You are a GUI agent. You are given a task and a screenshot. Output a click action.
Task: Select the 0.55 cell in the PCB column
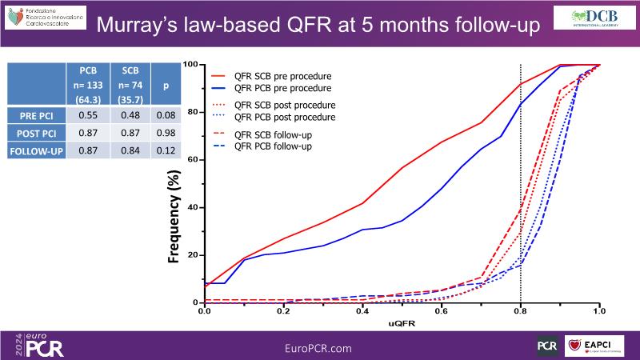tap(88, 115)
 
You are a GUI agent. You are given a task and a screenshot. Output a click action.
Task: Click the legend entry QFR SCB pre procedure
tap(284, 73)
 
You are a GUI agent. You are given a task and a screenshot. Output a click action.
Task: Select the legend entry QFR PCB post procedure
tap(284, 118)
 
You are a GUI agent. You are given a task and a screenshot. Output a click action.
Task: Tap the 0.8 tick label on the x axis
tap(521, 310)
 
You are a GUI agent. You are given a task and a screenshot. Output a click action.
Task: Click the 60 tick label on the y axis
tap(192, 159)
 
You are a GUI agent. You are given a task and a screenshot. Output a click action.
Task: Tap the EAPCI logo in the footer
tap(595, 346)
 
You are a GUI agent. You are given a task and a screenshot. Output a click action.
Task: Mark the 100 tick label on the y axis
tap(190, 64)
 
